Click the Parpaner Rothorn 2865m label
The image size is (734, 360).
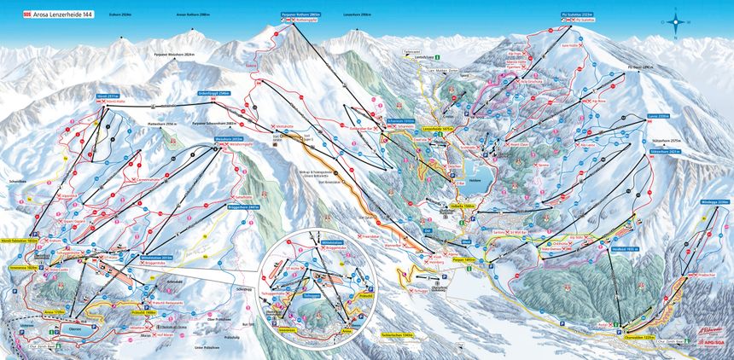(300, 15)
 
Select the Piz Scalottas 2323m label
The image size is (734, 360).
(578, 15)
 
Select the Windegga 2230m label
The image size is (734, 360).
(715, 202)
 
